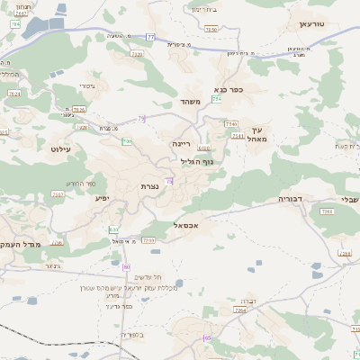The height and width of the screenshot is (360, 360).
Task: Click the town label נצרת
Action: [149, 186]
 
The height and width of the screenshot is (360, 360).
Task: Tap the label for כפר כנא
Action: [231, 90]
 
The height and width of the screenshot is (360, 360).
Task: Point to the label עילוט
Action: [61, 148]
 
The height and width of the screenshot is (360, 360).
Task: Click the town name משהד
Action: [190, 102]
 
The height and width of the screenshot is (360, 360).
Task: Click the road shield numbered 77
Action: [150, 37]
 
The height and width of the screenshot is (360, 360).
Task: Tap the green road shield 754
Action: [216, 99]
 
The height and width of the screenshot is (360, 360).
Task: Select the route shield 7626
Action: [78, 109]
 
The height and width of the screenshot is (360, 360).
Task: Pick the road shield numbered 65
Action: [208, 337]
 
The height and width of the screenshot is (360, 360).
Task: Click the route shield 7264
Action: [239, 310]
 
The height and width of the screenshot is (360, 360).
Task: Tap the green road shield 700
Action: [127, 141]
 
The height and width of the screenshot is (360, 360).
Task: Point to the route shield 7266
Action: [328, 211]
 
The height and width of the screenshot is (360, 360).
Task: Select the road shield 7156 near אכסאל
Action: [148, 240]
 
